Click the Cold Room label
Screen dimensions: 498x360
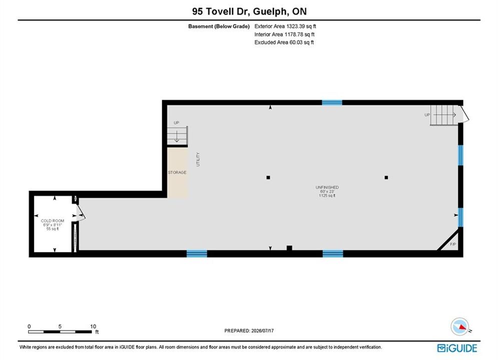(x=53, y=221)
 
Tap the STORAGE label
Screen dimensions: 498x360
(x=177, y=172)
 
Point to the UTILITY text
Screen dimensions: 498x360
(x=198, y=159)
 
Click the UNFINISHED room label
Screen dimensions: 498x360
(x=327, y=187)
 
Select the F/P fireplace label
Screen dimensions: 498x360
(x=453, y=244)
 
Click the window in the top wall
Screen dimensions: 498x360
(x=332, y=102)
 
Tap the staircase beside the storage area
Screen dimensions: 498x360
(x=177, y=136)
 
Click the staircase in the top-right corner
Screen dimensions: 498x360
(x=444, y=115)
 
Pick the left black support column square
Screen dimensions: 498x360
(x=268, y=177)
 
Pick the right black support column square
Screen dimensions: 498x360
(x=386, y=177)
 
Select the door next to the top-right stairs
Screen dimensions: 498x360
(x=464, y=113)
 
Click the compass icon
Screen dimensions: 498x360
(x=459, y=326)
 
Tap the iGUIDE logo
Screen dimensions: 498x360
(x=457, y=348)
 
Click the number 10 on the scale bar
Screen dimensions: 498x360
(x=93, y=326)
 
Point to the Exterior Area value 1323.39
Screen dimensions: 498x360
(x=296, y=26)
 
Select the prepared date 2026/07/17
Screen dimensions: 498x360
(x=262, y=330)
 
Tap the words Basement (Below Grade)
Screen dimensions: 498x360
(x=219, y=26)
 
